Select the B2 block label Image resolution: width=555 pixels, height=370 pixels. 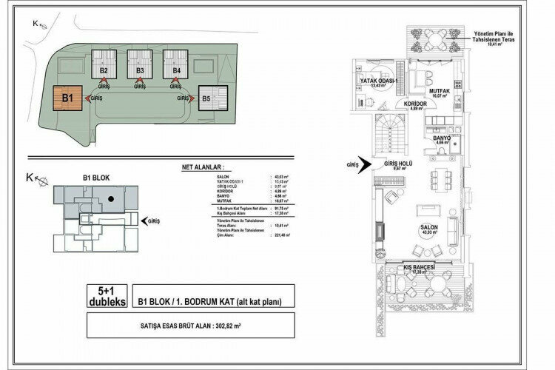point(104,71)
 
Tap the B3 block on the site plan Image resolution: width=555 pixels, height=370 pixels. point(140,71)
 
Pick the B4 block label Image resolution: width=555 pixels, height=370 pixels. point(176,71)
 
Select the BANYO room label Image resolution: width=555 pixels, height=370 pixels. point(442,137)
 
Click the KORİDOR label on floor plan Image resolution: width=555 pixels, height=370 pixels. point(418,105)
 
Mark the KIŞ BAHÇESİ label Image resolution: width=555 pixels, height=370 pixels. point(419,266)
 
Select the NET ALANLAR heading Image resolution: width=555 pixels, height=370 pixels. point(201,168)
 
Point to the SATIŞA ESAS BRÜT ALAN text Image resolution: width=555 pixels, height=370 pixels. point(189,324)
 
